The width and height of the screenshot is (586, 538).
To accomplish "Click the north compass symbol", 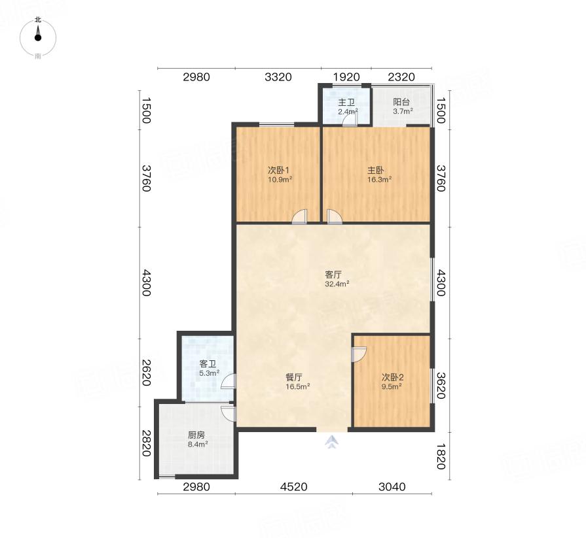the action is pos(38,38).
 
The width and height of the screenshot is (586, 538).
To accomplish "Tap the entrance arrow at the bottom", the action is pos(331,442).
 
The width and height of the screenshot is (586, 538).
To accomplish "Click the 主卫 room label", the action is pos(346,102).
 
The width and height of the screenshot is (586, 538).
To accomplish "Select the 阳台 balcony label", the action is pos(401,102).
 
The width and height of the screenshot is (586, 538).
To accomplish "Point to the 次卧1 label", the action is pos(279,171).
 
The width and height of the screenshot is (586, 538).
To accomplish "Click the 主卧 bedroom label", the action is pos(376,171).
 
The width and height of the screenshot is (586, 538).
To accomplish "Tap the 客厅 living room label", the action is pos(333,275).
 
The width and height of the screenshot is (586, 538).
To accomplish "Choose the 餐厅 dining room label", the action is pos(294,378).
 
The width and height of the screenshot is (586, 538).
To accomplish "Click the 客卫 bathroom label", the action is pos(208,363).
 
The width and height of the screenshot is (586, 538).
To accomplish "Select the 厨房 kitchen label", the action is pos(196,435).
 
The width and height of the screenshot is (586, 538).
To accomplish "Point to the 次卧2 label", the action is pos(392,378).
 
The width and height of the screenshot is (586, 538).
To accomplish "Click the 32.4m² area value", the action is pos(337,284).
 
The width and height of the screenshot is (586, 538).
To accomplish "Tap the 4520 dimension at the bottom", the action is pos(294,487).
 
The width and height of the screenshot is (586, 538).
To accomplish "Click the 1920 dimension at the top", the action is pos(346,77).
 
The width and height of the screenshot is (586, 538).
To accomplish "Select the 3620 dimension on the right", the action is pos(441,386).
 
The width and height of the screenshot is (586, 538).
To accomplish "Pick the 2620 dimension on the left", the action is pos(147,373).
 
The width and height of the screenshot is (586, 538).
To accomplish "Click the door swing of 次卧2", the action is pos(359,354).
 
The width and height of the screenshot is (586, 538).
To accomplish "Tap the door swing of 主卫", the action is pos(350,120).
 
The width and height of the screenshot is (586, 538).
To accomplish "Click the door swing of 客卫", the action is pos(229,381).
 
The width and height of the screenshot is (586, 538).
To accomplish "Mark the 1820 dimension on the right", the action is pos(441,456).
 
